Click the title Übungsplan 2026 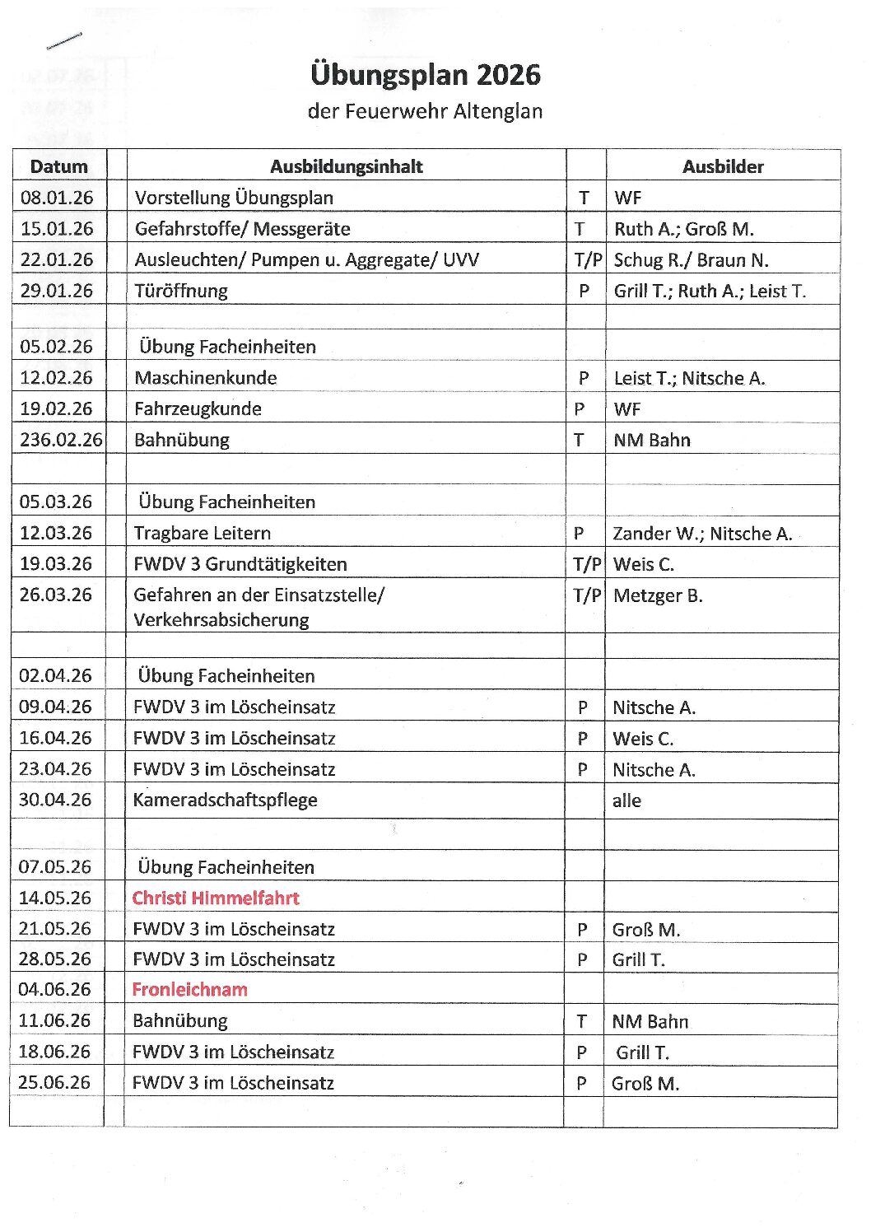(426, 75)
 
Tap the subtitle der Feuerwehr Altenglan (425, 111)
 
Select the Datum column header (58, 166)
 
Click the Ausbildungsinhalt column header (346, 166)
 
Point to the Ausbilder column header (723, 166)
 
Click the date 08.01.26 (57, 198)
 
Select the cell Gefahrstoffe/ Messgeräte (242, 229)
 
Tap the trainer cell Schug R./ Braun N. (691, 260)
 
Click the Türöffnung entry (181, 291)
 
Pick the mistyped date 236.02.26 (61, 440)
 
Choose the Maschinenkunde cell (206, 378)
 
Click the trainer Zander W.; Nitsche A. (702, 534)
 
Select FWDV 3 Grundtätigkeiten (240, 564)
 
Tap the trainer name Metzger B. (658, 595)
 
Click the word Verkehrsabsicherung (221, 620)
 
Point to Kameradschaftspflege (225, 800)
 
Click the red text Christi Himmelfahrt (216, 898)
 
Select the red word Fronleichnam (190, 989)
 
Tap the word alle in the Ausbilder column (626, 800)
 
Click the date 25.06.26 (54, 1082)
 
